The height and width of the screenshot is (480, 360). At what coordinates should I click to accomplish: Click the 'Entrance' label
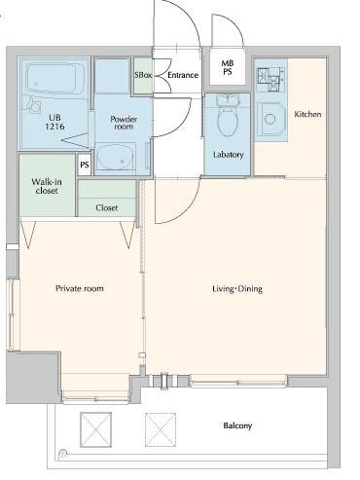[x=183, y=75]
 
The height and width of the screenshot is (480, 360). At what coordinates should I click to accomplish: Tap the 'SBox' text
[x=143, y=75]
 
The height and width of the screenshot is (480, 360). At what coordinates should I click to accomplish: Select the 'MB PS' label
[x=228, y=67]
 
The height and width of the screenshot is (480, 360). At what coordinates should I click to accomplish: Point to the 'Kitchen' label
[x=307, y=114]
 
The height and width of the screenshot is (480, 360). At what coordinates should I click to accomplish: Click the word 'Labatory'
[x=228, y=155]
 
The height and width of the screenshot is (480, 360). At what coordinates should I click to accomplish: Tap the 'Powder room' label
[x=124, y=123]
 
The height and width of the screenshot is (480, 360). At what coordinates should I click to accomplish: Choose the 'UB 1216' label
[x=54, y=122]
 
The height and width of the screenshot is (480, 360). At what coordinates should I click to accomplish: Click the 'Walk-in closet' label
[x=47, y=186]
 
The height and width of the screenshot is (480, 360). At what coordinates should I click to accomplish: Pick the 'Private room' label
[x=80, y=288]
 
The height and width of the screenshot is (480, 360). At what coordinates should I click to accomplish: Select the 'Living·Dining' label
[x=237, y=288]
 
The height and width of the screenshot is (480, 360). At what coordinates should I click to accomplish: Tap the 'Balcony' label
[x=237, y=425]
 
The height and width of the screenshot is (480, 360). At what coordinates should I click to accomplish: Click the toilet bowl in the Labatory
[x=228, y=122]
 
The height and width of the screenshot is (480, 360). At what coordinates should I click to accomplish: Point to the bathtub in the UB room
[x=55, y=79]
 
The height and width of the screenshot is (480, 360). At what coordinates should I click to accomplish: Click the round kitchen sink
[x=270, y=119]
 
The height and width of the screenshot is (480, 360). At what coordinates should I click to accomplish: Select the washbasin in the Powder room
[x=115, y=156]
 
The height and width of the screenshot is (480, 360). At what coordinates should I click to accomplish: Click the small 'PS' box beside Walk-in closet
[x=85, y=165]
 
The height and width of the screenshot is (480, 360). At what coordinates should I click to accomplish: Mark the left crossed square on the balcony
[x=95, y=429]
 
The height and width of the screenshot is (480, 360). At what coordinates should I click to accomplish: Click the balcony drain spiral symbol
[x=62, y=454]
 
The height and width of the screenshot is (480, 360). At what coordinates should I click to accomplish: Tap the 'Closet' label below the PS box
[x=106, y=207]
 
